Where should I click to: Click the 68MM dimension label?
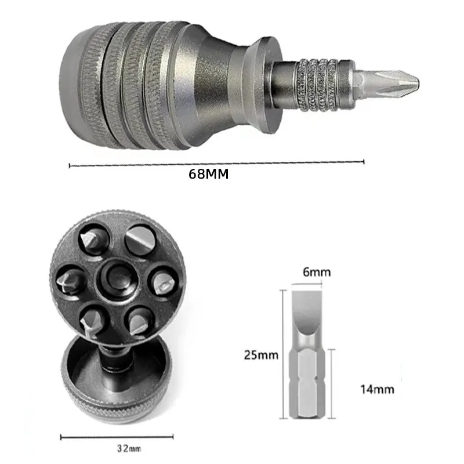click(x=209, y=174)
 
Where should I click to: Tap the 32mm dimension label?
click(x=129, y=448)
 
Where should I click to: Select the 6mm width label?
click(x=317, y=272)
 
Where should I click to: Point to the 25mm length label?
click(x=261, y=355)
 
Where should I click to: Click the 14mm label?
click(x=377, y=389)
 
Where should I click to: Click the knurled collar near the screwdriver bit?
click(x=318, y=85)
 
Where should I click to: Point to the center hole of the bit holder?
click(x=118, y=280)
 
